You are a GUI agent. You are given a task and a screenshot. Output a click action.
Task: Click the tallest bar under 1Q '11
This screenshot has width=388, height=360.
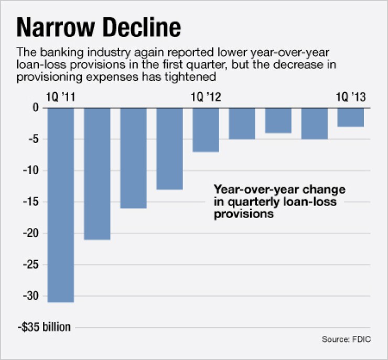click(61, 204)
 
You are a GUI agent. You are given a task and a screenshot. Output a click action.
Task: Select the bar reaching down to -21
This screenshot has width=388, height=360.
click(97, 173)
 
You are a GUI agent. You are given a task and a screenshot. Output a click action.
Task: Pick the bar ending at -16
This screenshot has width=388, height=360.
click(133, 157)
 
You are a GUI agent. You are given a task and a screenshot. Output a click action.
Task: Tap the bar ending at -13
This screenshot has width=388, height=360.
click(169, 148)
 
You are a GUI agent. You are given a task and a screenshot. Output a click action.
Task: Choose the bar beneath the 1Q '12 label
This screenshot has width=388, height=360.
click(206, 129)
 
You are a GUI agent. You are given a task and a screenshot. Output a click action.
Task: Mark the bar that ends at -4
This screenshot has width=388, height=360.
click(278, 120)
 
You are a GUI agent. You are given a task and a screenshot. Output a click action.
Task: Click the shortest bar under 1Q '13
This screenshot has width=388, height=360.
click(350, 117)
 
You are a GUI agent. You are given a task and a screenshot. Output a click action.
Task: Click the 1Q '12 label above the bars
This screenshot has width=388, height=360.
click(206, 97)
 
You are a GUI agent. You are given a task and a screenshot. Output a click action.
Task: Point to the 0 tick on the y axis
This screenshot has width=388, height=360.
click(36, 108)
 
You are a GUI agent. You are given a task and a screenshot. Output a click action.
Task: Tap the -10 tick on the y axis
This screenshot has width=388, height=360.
click(32, 171)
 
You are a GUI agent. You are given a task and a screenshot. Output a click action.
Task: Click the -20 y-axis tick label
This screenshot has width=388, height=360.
click(32, 234)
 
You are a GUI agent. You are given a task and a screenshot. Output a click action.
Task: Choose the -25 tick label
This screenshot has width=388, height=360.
click(32, 265)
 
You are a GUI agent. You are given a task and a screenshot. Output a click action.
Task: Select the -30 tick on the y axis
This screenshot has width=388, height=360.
click(32, 296)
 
